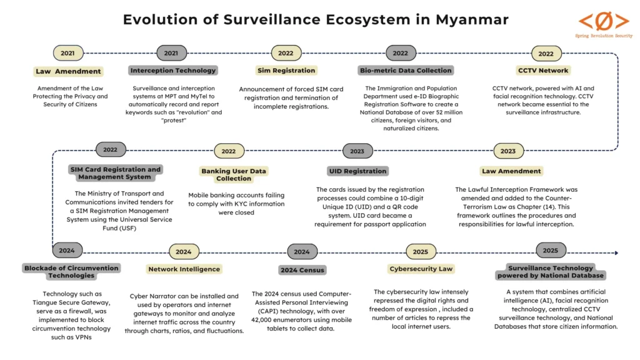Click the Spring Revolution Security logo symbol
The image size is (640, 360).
(x=603, y=21)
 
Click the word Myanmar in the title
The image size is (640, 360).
(x=466, y=19)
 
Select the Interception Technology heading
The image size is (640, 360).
(x=173, y=71)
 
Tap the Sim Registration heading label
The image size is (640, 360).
(x=286, y=71)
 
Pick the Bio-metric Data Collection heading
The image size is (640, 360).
(x=406, y=71)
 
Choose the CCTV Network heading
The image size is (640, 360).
(x=543, y=71)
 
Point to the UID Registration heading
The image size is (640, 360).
(x=357, y=171)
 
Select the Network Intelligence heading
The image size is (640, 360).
(x=184, y=269)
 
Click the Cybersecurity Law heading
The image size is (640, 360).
(x=421, y=269)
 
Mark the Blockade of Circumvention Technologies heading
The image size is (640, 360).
(x=71, y=272)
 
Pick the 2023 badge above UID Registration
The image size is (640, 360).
(x=357, y=151)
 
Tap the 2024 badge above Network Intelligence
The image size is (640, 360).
(x=184, y=252)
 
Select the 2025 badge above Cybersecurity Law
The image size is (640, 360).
(x=421, y=252)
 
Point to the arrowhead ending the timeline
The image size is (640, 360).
(x=616, y=253)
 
